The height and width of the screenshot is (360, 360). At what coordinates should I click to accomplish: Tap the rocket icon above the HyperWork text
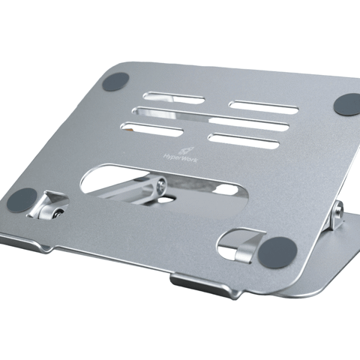pos(185,151)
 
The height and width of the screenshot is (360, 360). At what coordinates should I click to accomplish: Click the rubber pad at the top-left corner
pos(115,82)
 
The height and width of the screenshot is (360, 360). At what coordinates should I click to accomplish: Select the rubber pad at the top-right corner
pos(348,104)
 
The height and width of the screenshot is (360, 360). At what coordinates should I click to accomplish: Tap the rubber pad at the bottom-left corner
pos(22,200)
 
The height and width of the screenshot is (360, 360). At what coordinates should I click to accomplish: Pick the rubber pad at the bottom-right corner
pos(277,253)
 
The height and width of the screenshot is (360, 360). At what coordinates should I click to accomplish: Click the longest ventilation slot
pos(210,118)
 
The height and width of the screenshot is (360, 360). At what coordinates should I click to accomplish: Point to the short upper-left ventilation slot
pos(173,97)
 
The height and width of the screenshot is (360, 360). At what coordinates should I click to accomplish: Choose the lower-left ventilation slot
pos(151,129)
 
